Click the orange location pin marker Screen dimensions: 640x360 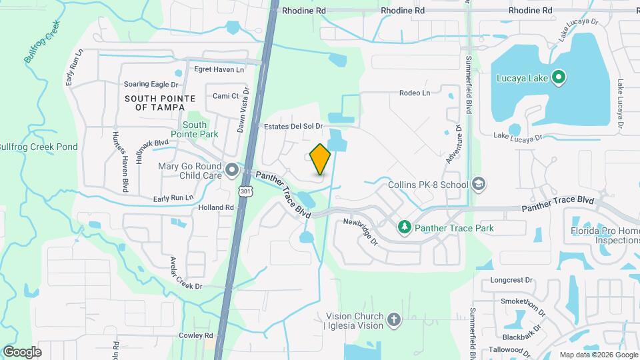[321, 159]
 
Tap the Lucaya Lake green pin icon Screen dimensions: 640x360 [559, 78]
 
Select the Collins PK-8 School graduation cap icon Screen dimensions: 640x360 [478, 183]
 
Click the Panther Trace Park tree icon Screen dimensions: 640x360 [404, 228]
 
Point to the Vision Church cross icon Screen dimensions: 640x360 [394, 320]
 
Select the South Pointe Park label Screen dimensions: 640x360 [195, 129]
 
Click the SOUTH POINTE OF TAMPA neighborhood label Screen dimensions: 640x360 [160, 103]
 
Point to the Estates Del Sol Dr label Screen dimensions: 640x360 [293, 126]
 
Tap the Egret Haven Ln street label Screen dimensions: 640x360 [219, 69]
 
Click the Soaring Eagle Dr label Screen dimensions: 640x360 [151, 84]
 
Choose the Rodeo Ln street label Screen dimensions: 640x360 [415, 93]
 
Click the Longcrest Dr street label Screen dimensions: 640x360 [513, 281]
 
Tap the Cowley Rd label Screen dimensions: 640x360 [195, 335]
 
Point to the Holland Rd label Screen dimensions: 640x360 [216, 207]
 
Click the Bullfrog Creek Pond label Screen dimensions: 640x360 [39, 147]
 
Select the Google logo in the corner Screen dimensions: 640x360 [22, 351]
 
